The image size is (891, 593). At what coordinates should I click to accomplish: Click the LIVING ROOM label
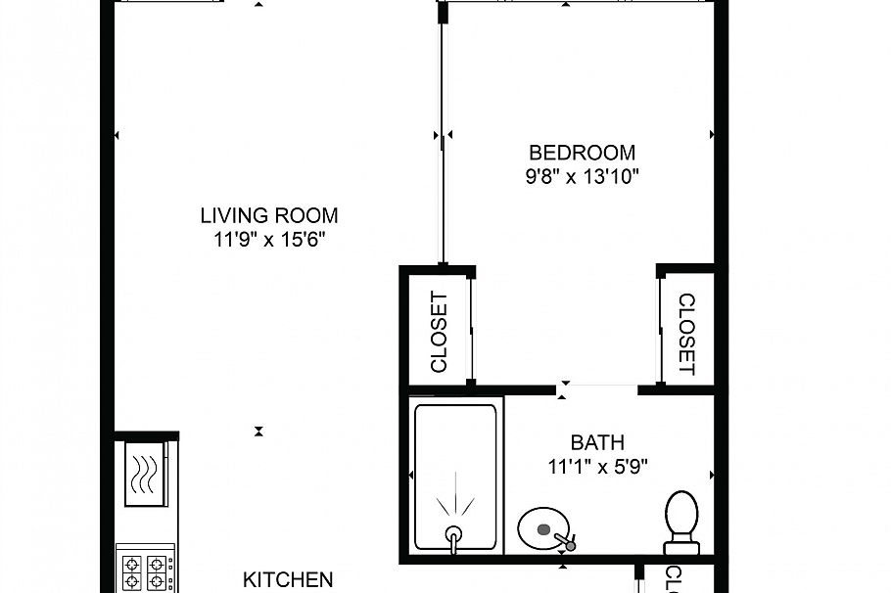coord(269,215)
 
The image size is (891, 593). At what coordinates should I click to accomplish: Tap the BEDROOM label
coord(582,153)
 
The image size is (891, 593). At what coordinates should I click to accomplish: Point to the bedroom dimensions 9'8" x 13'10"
coord(582,177)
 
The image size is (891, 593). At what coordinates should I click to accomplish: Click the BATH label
coord(597,443)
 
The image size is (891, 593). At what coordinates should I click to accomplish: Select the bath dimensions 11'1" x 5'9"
coord(597,467)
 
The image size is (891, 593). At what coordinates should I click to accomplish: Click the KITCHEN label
coord(288,580)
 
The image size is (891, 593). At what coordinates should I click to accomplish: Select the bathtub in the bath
coord(455,477)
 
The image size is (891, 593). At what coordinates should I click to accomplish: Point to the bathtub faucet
coord(453,535)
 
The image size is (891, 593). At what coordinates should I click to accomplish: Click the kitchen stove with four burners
coord(145,571)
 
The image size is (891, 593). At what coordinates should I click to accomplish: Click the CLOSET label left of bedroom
coord(439,333)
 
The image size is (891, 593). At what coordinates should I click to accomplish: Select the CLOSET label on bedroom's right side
coord(685,335)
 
